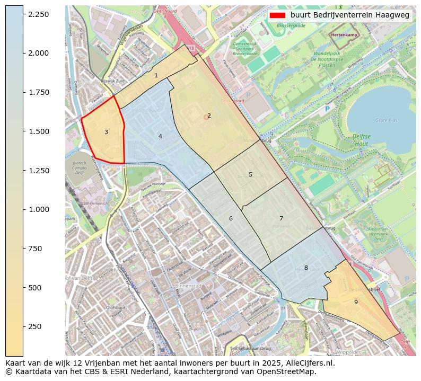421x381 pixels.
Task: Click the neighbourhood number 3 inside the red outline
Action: coord(106,132)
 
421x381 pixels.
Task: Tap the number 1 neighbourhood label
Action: coord(156,76)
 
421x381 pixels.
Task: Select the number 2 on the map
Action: coord(209,116)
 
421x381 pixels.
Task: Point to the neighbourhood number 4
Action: coord(160,137)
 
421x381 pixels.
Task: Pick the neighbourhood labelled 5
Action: coord(250,175)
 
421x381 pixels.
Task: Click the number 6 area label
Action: coord(231,219)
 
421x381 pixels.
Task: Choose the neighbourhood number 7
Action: coord(281,219)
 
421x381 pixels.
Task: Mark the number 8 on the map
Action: coord(306,268)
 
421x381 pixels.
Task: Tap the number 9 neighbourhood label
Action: coord(356,302)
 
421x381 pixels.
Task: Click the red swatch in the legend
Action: coord(277,15)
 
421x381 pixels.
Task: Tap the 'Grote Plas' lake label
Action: coord(386,120)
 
